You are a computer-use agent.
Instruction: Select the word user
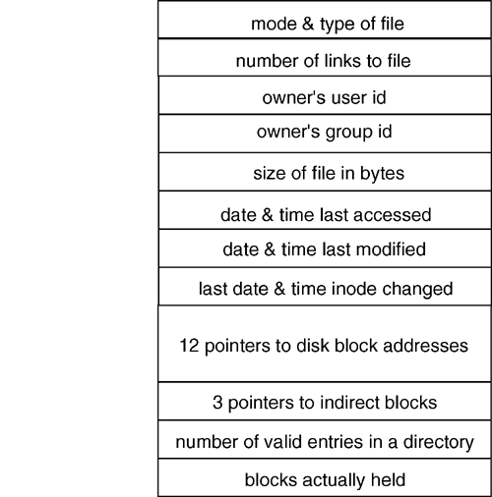coord(346,98)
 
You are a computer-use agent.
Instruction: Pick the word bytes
coord(382,174)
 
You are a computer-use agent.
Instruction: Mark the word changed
coord(417,290)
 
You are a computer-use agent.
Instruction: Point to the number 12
coord(189,346)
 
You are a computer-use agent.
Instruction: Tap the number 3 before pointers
coord(217,403)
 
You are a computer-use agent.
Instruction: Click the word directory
coord(439,443)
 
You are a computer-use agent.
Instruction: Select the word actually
coord(334,481)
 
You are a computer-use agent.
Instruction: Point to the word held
coord(388,480)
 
